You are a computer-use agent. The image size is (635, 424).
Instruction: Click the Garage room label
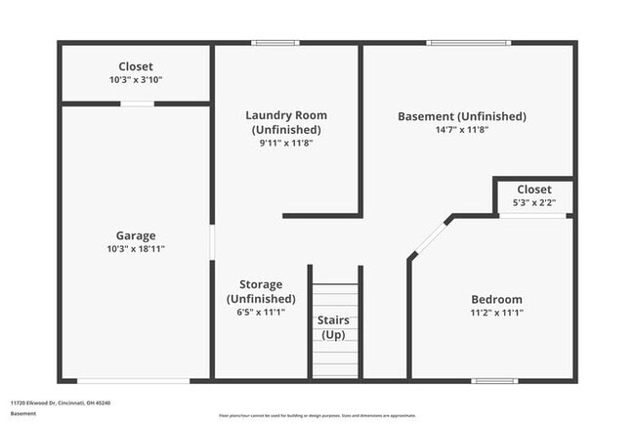(136, 235)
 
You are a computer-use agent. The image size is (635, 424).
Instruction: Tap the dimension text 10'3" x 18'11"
(136, 249)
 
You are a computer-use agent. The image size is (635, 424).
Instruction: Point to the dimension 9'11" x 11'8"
(285, 143)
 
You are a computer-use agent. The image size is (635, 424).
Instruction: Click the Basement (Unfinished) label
(462, 116)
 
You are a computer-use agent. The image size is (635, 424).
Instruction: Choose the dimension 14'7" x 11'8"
(462, 129)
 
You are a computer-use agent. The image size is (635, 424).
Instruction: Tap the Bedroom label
(496, 299)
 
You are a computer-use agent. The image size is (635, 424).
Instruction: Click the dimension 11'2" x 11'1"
(496, 313)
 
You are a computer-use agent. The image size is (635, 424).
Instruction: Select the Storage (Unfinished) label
(261, 291)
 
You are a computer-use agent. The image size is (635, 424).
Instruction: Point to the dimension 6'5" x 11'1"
(261, 313)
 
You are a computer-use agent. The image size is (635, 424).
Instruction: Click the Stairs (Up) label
(334, 327)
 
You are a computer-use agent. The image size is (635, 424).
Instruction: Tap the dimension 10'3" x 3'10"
(136, 80)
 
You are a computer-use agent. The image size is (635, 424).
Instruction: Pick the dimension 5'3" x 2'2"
(533, 202)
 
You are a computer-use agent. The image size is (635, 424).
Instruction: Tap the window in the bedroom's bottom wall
(494, 380)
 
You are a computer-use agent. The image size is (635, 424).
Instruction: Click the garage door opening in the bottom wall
(133, 380)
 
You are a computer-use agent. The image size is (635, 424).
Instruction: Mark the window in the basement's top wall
(469, 43)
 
